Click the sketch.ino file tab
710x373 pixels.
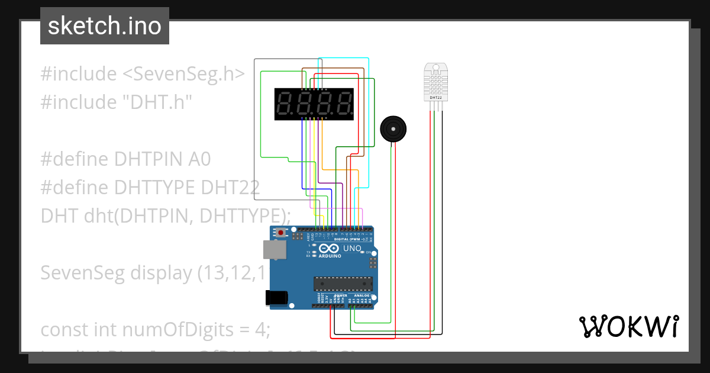pyautogui.click(x=104, y=26)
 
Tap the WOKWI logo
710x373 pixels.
pyautogui.click(x=628, y=326)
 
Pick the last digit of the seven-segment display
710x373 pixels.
pyautogui.click(x=342, y=104)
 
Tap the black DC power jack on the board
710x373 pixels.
pyautogui.click(x=279, y=298)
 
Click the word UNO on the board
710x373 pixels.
pyautogui.click(x=352, y=249)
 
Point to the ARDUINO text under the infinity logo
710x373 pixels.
pyautogui.click(x=330, y=256)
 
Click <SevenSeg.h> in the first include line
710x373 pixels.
pyautogui.click(x=183, y=74)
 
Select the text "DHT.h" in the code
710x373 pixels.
pyautogui.click(x=157, y=102)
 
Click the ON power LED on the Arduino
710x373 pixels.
pyautogui.click(x=366, y=253)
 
